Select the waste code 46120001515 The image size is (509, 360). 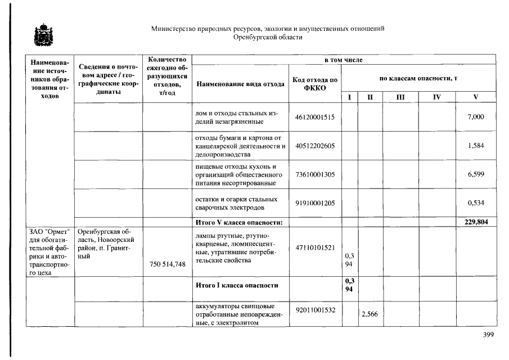(x=314, y=117)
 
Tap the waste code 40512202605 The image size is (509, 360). (x=314, y=146)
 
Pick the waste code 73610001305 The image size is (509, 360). (x=314, y=175)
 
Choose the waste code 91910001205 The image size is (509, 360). (x=314, y=203)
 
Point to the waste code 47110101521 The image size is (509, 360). (x=314, y=247)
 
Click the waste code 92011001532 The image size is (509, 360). (x=314, y=309)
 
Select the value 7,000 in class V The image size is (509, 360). (x=475, y=117)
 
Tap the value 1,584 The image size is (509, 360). (x=475, y=146)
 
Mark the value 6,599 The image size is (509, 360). (x=475, y=175)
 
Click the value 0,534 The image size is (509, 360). (x=475, y=203)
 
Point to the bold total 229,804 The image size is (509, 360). (x=475, y=222)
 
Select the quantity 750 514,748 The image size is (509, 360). (x=166, y=264)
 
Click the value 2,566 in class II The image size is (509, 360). (x=370, y=315)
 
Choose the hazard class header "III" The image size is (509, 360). (x=400, y=97)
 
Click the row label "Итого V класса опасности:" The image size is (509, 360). (x=238, y=222)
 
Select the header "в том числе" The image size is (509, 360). (x=343, y=60)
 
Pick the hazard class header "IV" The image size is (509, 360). (x=436, y=97)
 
